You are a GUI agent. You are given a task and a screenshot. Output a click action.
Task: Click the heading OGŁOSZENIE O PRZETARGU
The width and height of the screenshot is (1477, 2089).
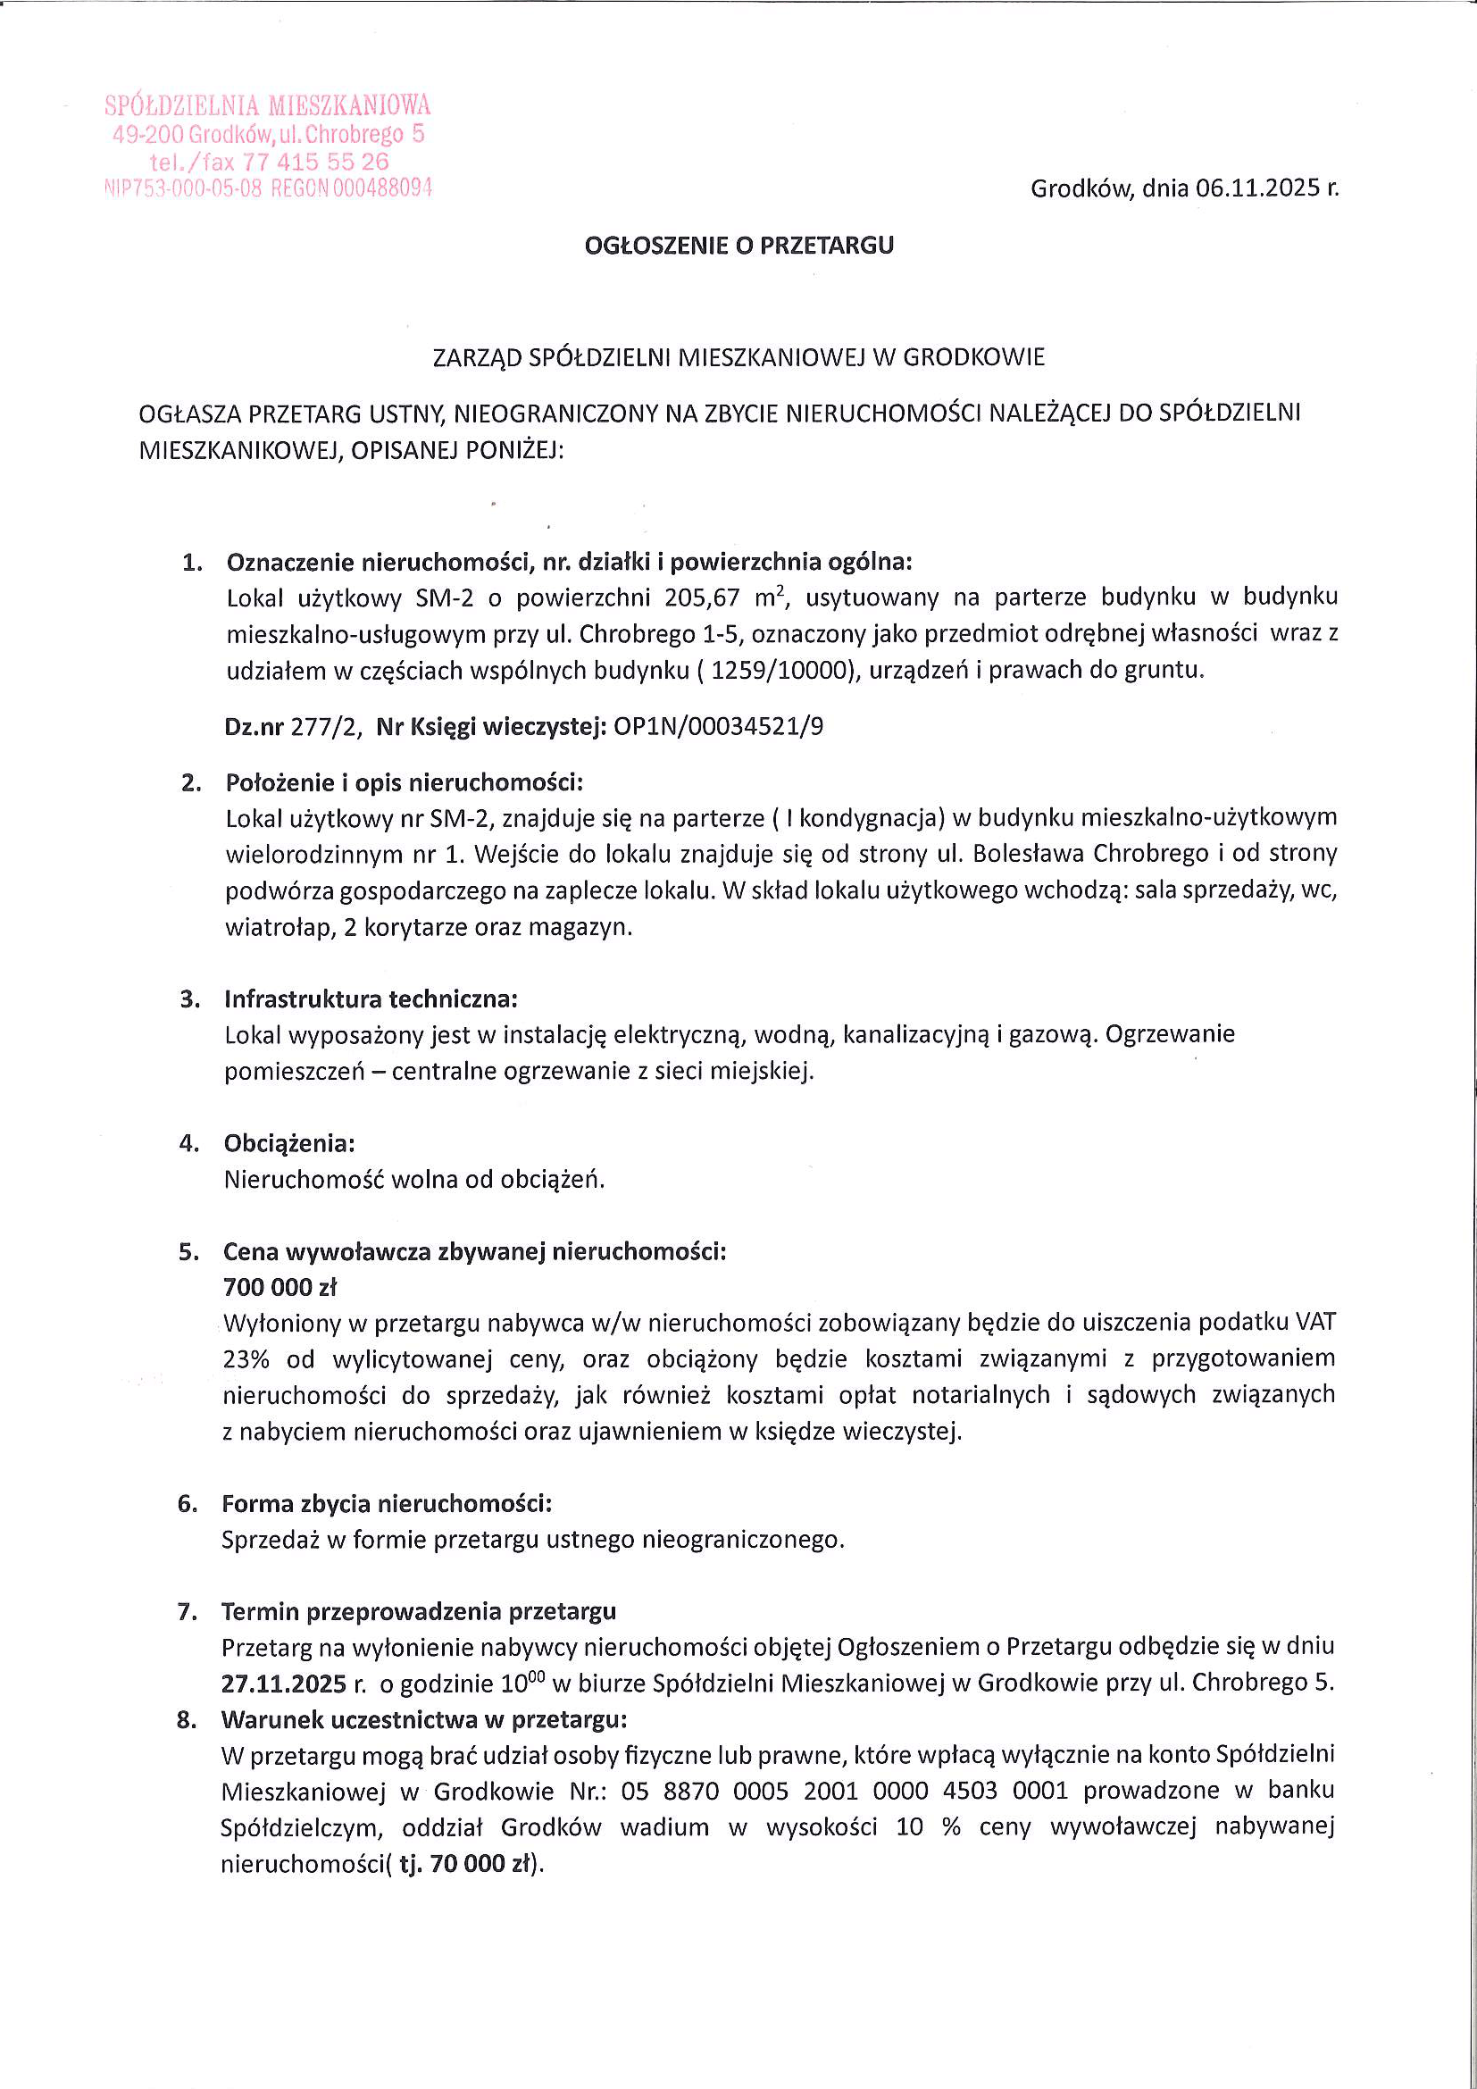[738, 246]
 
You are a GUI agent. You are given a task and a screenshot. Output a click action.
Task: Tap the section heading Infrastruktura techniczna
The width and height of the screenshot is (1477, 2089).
[371, 999]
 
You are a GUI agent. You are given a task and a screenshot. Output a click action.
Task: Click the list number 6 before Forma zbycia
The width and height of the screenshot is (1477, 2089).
[188, 1504]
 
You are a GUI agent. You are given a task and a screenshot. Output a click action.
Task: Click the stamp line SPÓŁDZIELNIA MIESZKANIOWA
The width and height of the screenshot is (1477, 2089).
[268, 105]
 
